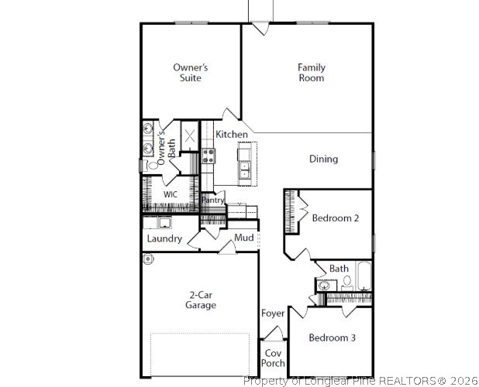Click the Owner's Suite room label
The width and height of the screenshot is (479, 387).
190,73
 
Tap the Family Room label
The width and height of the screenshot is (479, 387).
312,73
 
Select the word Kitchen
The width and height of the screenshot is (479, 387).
232,135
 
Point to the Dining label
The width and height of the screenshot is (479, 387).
323,159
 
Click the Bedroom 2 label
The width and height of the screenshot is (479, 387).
335,218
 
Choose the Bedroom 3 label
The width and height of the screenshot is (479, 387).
333,337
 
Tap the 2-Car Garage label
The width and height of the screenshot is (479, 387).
200,300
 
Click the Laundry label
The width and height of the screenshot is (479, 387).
165,238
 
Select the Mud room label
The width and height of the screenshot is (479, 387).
244,237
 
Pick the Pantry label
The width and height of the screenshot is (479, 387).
213,200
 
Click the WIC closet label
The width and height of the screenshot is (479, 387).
171,193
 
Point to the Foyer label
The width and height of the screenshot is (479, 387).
273,313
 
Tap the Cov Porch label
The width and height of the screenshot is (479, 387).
273,358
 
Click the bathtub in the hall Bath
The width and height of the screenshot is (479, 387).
364,277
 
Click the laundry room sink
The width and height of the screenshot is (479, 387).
164,222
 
